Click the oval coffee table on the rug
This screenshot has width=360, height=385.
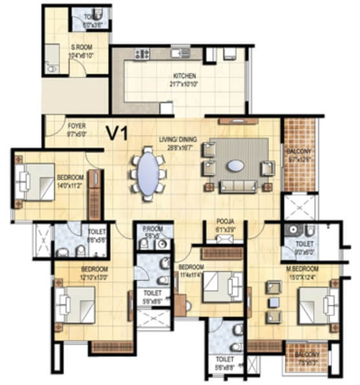236,166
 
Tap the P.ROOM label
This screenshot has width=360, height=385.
153,228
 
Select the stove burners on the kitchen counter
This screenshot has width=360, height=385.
141,54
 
